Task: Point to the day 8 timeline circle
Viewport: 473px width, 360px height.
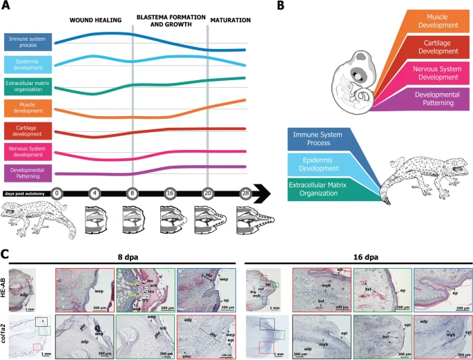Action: [x=133, y=194]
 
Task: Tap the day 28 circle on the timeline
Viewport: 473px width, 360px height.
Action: [x=244, y=194]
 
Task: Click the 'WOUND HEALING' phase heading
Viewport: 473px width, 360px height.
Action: [x=96, y=20]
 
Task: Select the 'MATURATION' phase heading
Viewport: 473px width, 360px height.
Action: [x=230, y=20]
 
